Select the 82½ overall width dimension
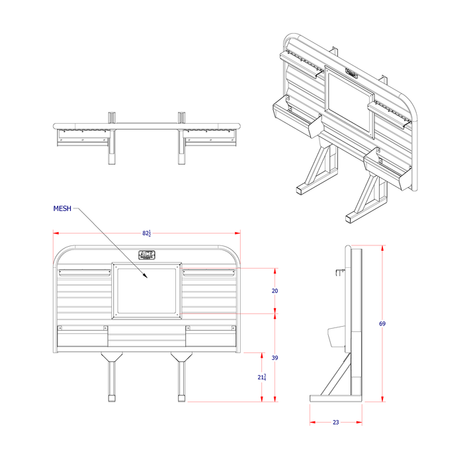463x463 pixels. pyautogui.click(x=146, y=233)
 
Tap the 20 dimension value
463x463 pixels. pyautogui.click(x=275, y=290)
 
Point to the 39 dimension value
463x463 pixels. pyautogui.click(x=275, y=358)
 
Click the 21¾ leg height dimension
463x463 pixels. pyautogui.click(x=263, y=376)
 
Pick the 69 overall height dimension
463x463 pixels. pyautogui.click(x=382, y=323)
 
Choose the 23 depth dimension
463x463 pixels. pyautogui.click(x=335, y=422)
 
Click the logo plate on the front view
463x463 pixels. pyautogui.click(x=146, y=254)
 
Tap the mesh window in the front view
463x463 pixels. pyautogui.click(x=147, y=290)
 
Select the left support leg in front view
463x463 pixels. pyautogui.click(x=111, y=377)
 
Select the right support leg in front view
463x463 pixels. pyautogui.click(x=180, y=377)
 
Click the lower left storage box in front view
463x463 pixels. pyautogui.click(x=82, y=337)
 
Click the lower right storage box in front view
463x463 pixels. pyautogui.click(x=210, y=337)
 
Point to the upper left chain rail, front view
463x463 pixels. pyautogui.click(x=83, y=272)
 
